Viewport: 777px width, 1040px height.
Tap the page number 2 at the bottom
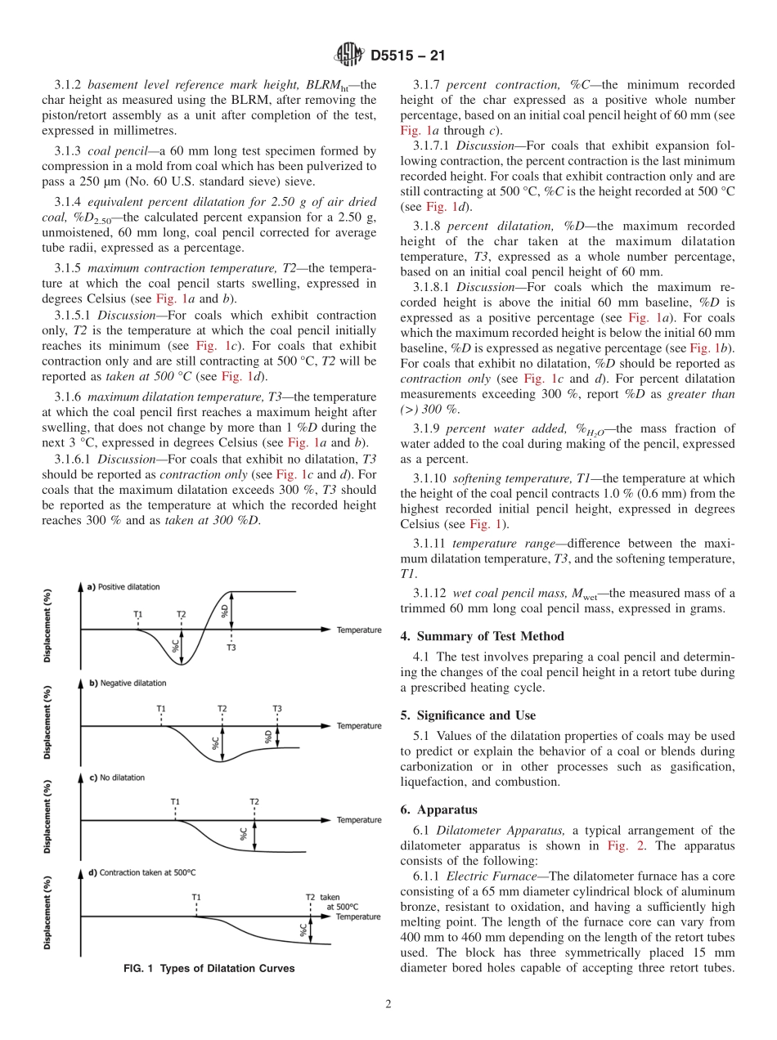[388, 1005]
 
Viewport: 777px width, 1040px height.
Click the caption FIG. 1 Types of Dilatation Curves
[209, 969]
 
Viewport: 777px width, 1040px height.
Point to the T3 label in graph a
[231, 648]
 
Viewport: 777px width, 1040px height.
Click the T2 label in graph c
[254, 803]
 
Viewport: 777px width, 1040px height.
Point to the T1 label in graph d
[196, 897]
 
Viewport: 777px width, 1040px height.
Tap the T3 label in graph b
[277, 708]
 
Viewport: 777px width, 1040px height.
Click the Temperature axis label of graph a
[359, 630]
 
